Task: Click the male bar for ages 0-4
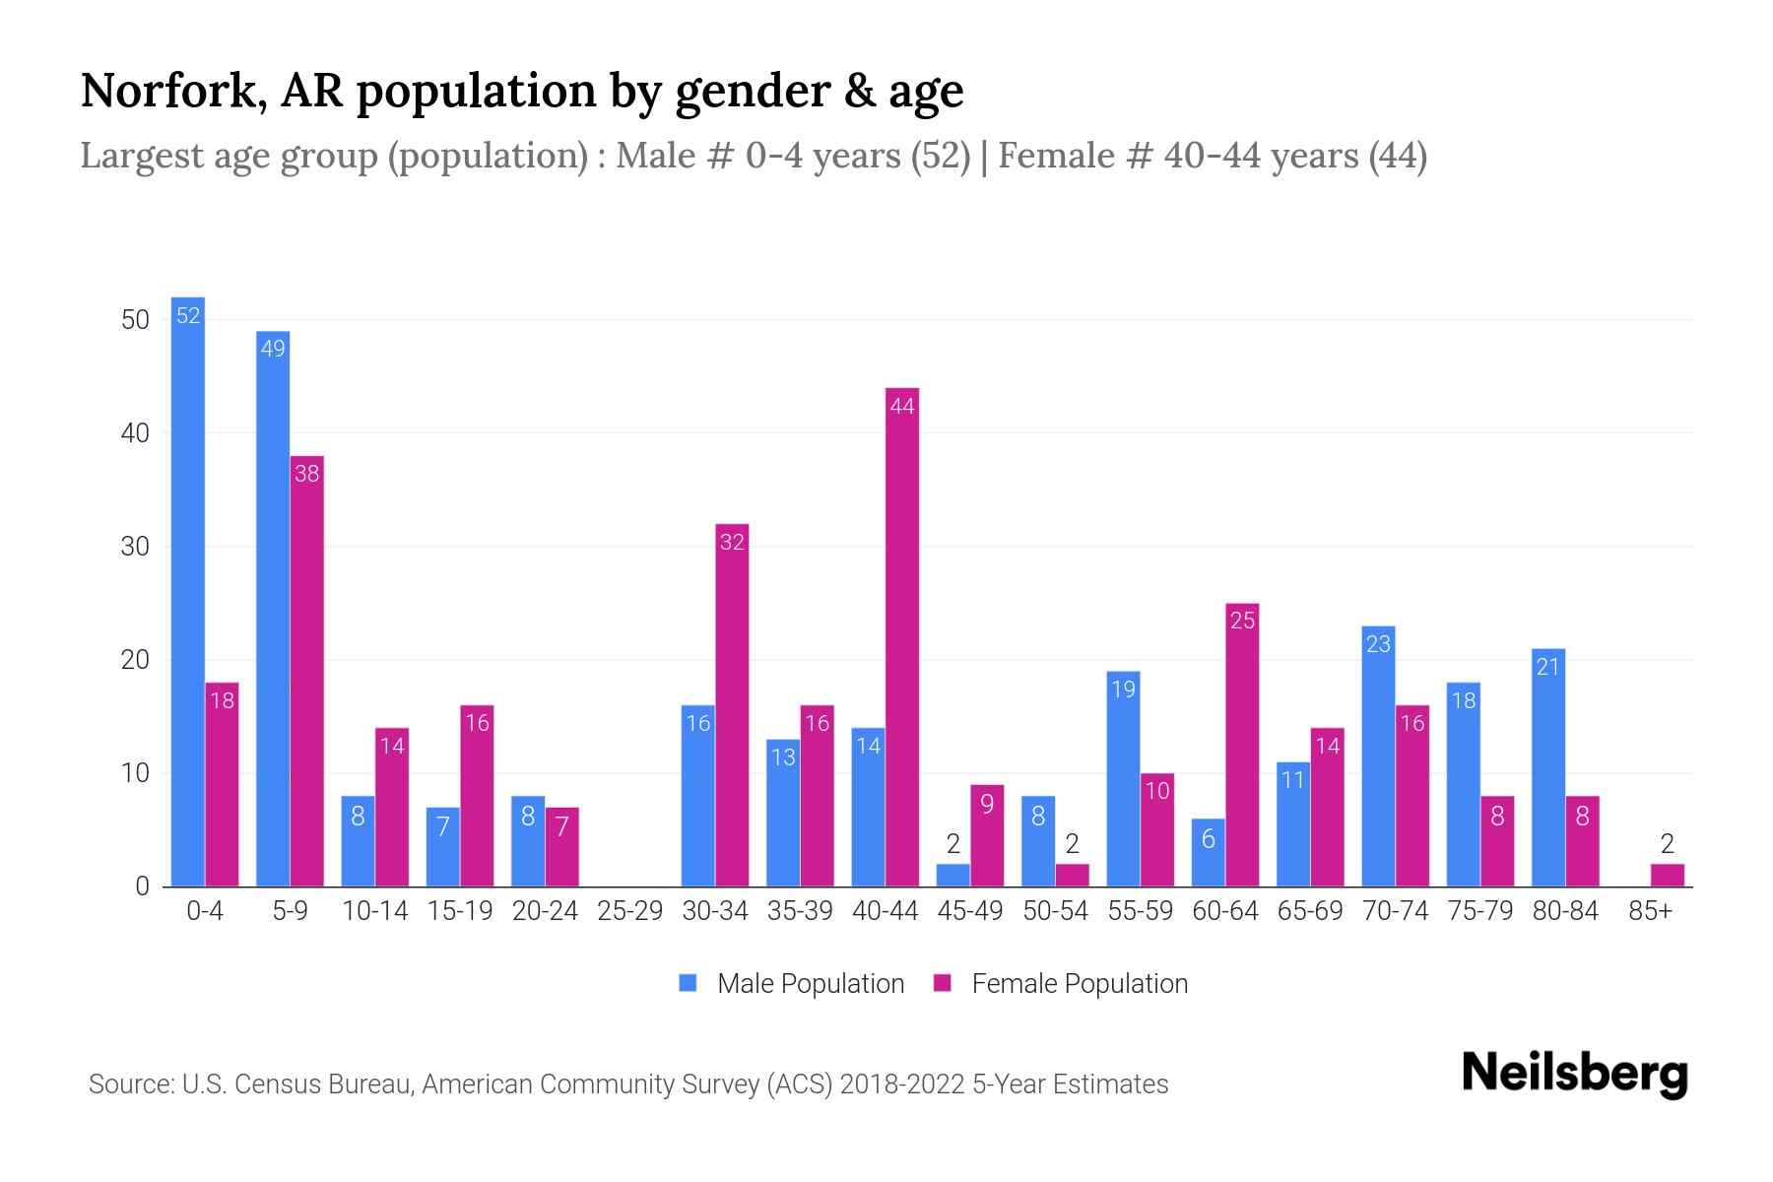187,591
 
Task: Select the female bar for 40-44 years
902,640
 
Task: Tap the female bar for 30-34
732,705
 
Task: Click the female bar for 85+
1668,876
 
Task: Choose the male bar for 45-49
952,876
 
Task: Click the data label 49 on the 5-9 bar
273,349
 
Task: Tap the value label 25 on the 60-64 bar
1242,621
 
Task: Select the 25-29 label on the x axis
629,911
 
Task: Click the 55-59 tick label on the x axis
1140,911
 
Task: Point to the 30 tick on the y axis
135,547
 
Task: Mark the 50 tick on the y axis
135,320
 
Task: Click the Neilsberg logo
1574,1074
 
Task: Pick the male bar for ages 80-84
1548,768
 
